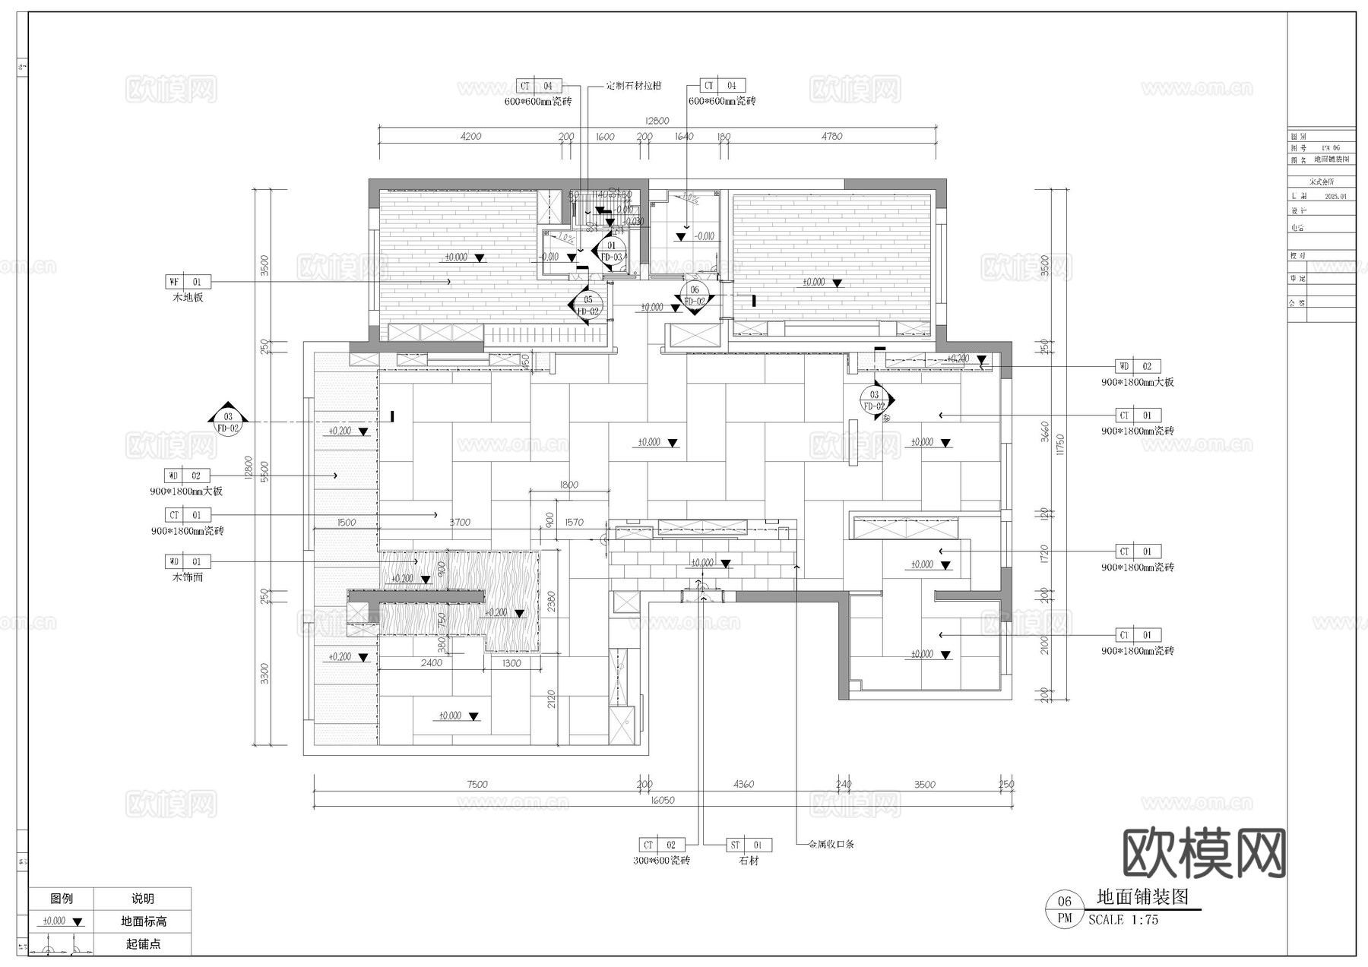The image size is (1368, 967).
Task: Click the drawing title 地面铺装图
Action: (1142, 897)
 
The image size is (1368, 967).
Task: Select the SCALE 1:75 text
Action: (1123, 920)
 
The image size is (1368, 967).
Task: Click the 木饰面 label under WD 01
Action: (188, 577)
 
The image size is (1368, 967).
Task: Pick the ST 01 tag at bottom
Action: (749, 845)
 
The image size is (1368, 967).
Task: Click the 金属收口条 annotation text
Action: (831, 844)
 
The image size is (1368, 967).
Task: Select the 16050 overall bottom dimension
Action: (662, 800)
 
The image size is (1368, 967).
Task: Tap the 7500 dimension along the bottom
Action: (477, 784)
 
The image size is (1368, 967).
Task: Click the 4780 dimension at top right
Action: (831, 136)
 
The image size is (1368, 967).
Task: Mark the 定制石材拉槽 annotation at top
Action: (634, 86)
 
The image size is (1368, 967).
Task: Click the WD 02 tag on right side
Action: (1138, 366)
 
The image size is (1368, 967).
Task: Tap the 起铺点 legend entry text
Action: (143, 944)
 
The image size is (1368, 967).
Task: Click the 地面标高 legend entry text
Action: (143, 921)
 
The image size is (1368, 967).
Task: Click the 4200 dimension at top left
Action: (470, 136)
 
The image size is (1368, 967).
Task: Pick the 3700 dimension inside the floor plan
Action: (459, 522)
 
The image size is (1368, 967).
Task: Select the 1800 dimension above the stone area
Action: (568, 485)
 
